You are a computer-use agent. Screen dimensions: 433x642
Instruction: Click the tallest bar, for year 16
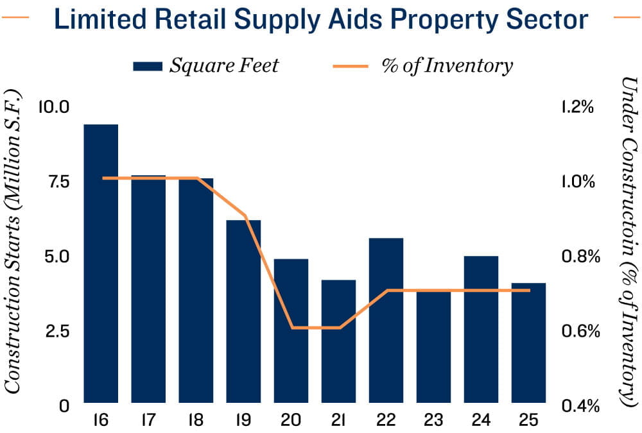coord(101,263)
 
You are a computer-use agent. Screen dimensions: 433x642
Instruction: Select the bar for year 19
coord(243,311)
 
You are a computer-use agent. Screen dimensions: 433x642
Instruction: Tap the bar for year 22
coord(386,320)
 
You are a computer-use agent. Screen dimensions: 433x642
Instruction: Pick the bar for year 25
coord(528,343)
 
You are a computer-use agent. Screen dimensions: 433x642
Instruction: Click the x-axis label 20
coord(290,421)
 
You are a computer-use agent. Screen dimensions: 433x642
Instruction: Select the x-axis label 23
coord(433,421)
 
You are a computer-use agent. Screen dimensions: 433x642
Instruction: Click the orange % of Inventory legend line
coord(351,65)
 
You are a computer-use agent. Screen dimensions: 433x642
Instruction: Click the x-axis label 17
coord(148,421)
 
